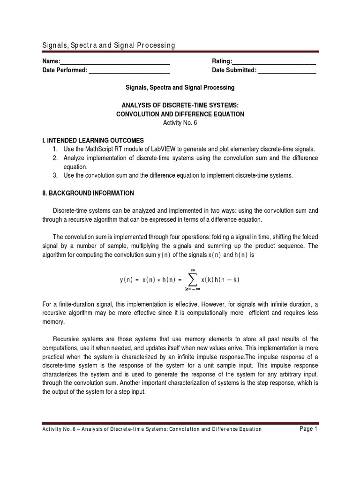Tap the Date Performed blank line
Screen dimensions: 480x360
(x=129, y=71)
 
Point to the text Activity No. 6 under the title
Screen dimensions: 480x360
(x=180, y=122)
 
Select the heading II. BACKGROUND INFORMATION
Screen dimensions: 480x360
(x=88, y=193)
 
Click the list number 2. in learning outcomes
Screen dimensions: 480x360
(x=55, y=158)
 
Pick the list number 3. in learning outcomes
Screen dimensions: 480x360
(x=55, y=175)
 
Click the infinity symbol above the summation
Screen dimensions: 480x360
(x=191, y=270)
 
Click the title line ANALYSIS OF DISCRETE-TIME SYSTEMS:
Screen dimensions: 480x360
(x=180, y=105)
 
